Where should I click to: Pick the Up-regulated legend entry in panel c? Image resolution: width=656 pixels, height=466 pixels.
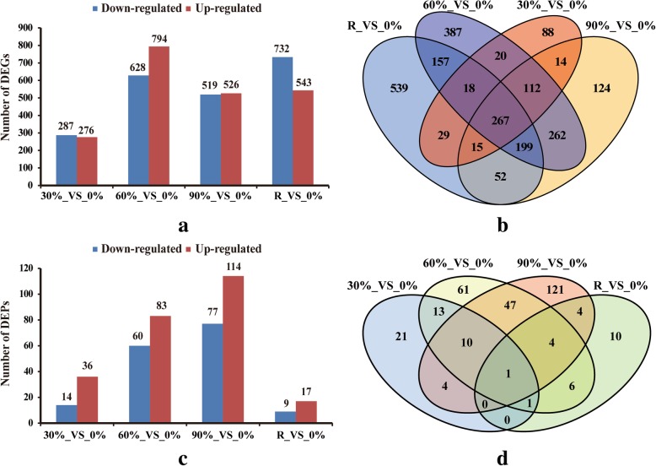(x=225, y=248)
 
